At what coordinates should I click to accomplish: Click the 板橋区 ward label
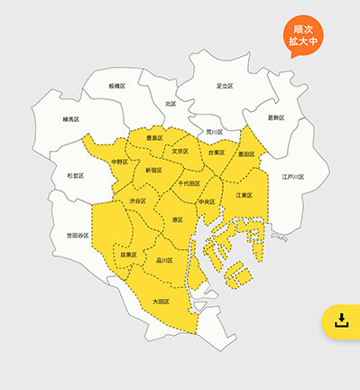coord(117,86)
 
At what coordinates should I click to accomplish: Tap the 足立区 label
coord(225,86)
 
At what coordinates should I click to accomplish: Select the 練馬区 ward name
coord(72,118)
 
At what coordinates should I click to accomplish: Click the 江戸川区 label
coord(292,177)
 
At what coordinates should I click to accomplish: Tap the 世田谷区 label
coord(78,235)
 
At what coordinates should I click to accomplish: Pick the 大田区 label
coord(160,301)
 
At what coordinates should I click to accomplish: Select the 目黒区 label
coord(128,255)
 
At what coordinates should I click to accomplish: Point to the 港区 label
coord(177,219)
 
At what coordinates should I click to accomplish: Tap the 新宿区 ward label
coord(153,169)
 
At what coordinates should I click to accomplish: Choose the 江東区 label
coord(245,195)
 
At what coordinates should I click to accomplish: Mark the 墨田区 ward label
coord(245,154)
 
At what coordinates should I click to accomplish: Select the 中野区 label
coord(119,162)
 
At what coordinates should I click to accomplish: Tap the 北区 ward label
coord(171,105)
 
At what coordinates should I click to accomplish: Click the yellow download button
coord(341,320)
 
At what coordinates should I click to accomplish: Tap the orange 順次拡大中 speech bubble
coord(302,35)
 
